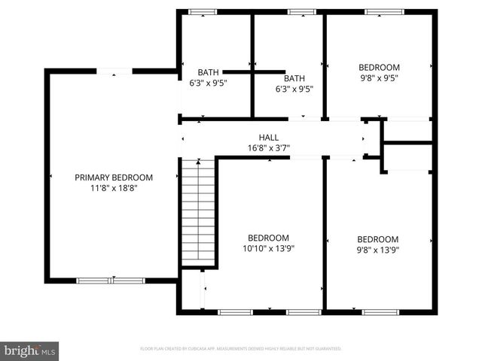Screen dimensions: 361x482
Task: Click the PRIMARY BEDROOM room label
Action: pyautogui.click(x=114, y=177)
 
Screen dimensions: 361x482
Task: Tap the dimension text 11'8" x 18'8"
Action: pyautogui.click(x=114, y=188)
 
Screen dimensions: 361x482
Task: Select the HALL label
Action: pyautogui.click(x=268, y=138)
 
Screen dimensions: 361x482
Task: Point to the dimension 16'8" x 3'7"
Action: pyautogui.click(x=268, y=147)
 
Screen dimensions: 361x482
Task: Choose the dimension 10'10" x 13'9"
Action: pyautogui.click(x=268, y=247)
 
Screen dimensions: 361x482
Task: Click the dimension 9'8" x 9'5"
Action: pyautogui.click(x=379, y=77)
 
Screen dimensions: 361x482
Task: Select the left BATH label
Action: pyautogui.click(x=208, y=73)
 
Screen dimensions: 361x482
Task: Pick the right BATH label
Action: pyautogui.click(x=294, y=78)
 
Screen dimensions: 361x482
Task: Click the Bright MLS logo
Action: pyautogui.click(x=30, y=350)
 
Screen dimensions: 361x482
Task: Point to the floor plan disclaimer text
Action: pyautogui.click(x=241, y=349)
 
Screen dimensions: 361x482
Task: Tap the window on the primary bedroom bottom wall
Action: pyautogui.click(x=111, y=281)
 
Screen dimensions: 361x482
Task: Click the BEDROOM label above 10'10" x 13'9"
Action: pyautogui.click(x=268, y=237)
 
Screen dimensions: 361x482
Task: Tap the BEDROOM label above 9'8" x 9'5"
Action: pyautogui.click(x=379, y=67)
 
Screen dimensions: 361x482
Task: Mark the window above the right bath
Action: pyautogui.click(x=300, y=11)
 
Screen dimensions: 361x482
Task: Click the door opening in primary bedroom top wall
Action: pyautogui.click(x=114, y=71)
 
